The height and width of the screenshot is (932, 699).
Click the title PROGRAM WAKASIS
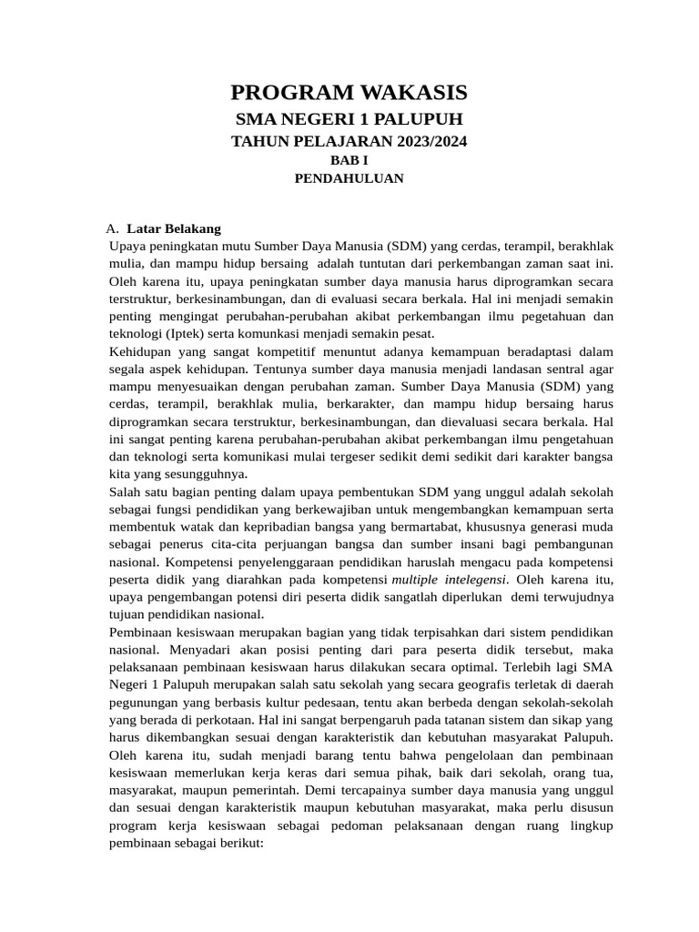pyautogui.click(x=349, y=92)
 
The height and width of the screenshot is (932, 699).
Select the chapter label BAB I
pyautogui.click(x=349, y=160)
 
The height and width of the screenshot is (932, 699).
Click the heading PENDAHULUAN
pyautogui.click(x=349, y=178)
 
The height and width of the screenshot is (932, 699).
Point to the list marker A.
pyautogui.click(x=112, y=228)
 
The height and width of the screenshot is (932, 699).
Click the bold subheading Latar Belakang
pyautogui.click(x=174, y=228)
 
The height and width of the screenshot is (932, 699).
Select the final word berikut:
pyautogui.click(x=236, y=845)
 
